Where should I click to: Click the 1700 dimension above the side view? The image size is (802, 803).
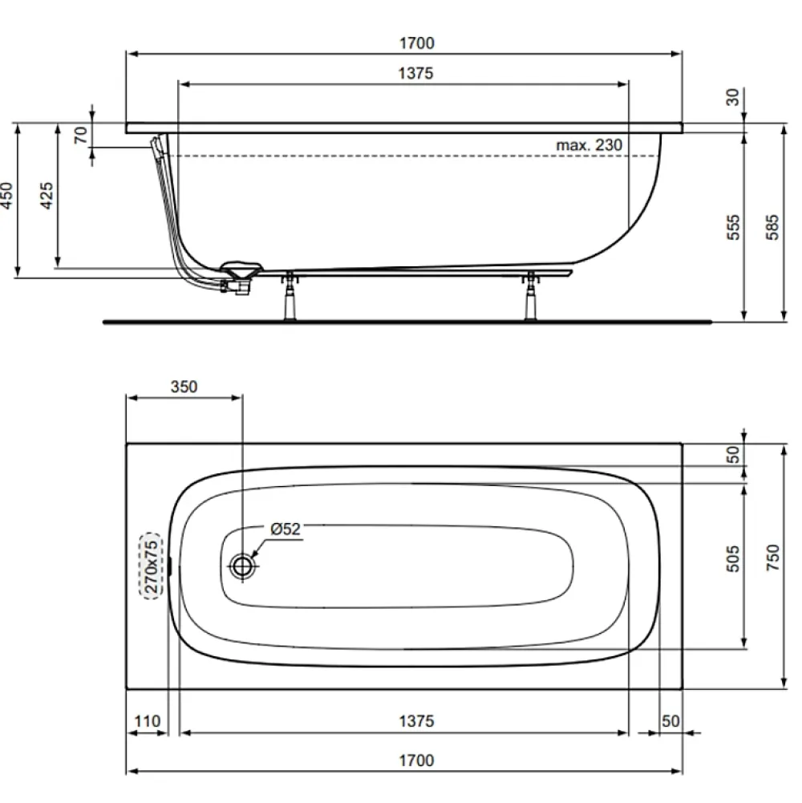[417, 43]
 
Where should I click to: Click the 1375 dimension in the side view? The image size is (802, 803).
[416, 73]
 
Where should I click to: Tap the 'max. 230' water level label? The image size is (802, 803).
[589, 145]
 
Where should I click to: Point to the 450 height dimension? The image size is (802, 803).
[6, 195]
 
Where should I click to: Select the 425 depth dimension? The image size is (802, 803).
[47, 195]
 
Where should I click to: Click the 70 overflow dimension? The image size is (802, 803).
[80, 136]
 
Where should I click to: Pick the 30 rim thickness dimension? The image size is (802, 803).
[733, 97]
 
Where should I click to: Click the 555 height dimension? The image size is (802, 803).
[733, 227]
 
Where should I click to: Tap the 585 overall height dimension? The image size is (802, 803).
[772, 227]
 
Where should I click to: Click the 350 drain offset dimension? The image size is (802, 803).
[184, 387]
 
